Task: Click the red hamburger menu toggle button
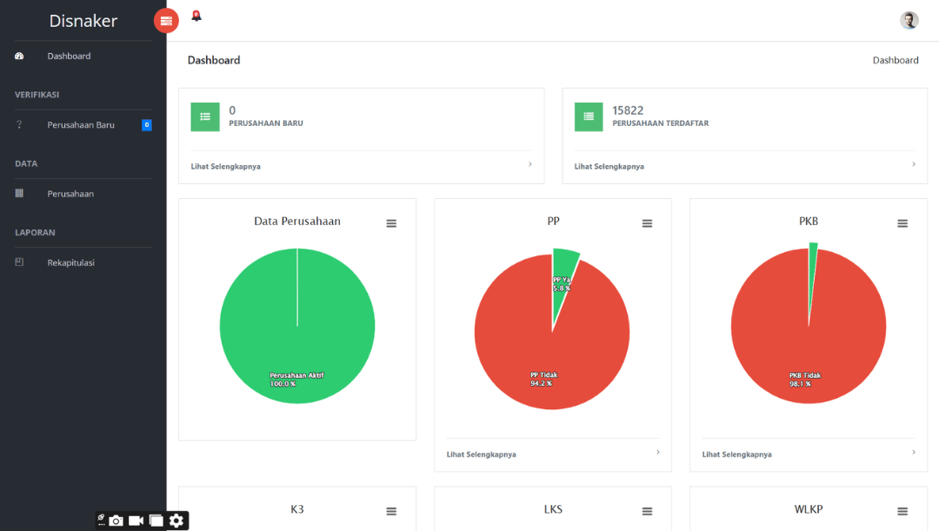click(x=166, y=21)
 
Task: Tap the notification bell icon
click(x=196, y=16)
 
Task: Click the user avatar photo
click(x=909, y=21)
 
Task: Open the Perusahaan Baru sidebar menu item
click(x=81, y=125)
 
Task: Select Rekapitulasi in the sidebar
click(x=70, y=262)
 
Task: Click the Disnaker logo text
click(x=83, y=21)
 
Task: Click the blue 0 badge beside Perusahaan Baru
click(x=147, y=125)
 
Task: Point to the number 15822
click(x=628, y=110)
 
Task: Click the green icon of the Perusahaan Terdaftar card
click(x=589, y=117)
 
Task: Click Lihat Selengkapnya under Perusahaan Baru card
click(x=226, y=166)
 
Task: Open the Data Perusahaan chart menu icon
click(x=391, y=223)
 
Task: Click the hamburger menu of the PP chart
click(x=647, y=223)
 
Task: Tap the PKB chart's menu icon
click(x=902, y=223)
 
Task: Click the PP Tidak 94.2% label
click(x=543, y=379)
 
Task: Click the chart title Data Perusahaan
click(x=297, y=222)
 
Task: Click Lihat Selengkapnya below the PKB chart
click(x=736, y=455)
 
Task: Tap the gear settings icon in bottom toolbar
click(x=176, y=521)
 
